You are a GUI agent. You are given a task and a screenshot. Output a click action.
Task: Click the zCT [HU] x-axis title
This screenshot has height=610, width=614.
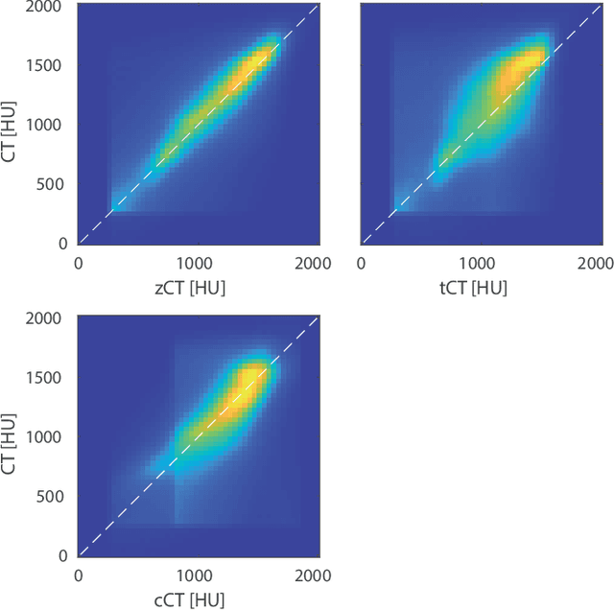coord(195,288)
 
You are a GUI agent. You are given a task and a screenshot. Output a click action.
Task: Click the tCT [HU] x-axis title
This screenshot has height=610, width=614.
coord(477,288)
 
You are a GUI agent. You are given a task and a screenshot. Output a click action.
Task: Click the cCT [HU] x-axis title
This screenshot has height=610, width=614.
coord(195,599)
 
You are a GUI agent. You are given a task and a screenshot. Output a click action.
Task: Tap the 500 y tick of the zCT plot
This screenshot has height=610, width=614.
coord(54,184)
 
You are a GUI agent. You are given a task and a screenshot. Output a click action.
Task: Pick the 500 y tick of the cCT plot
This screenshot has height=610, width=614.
coord(54,496)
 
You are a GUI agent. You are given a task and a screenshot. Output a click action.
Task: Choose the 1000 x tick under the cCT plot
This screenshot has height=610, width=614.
coord(195,575)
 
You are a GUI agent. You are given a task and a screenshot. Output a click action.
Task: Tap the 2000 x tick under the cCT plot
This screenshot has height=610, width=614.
coord(313,575)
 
